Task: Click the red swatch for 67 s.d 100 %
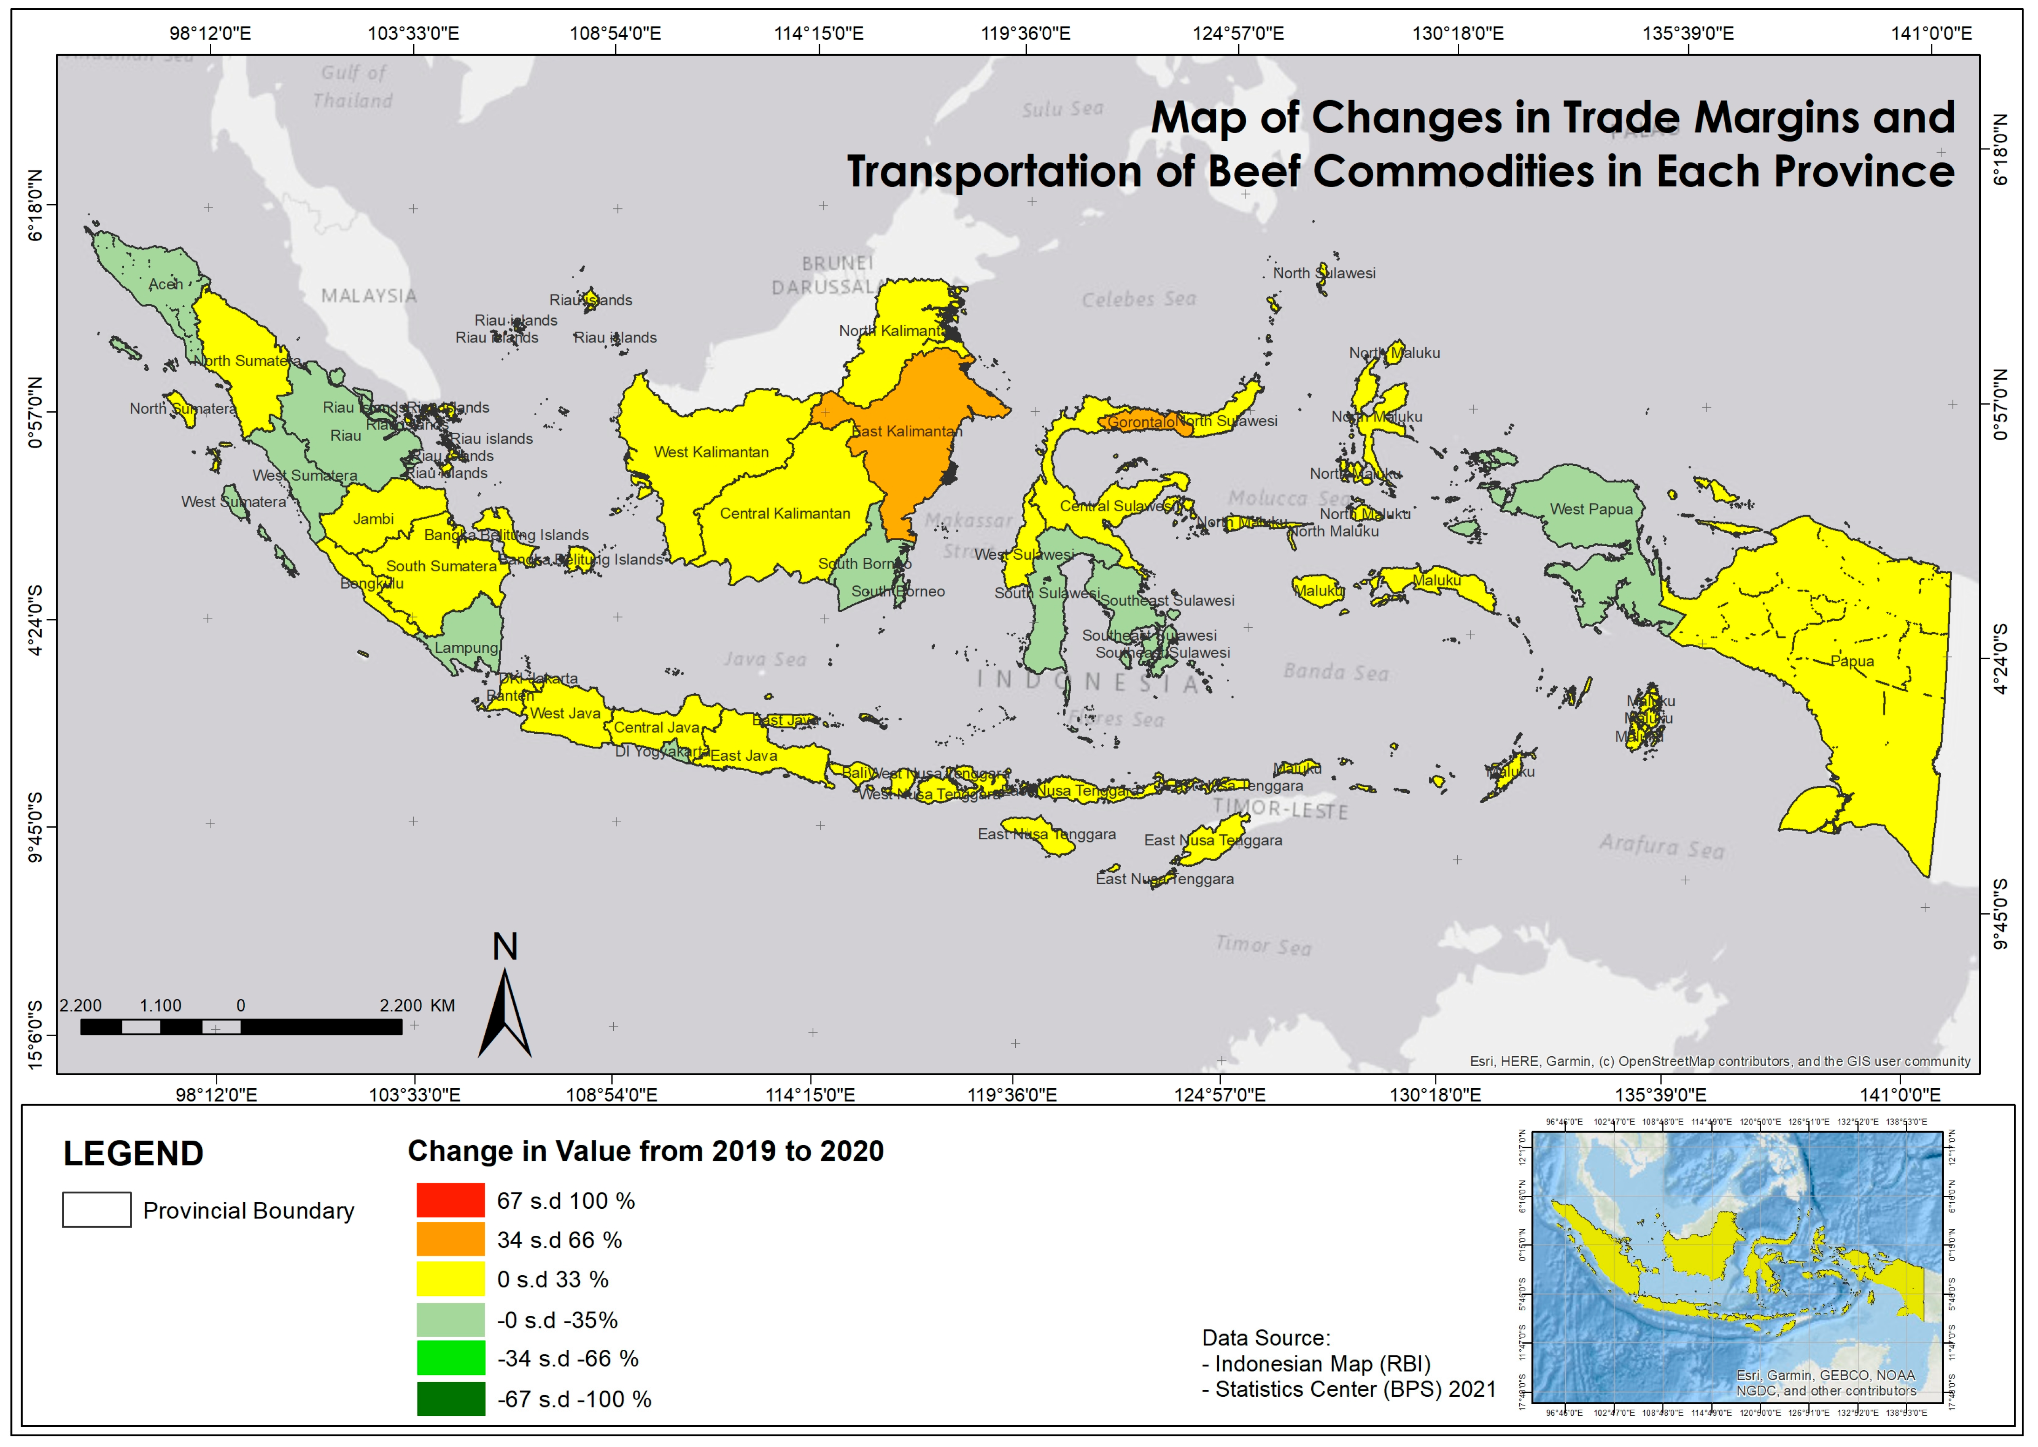click(x=450, y=1200)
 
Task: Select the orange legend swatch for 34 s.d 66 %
click(x=450, y=1239)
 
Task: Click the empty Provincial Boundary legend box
click(x=96, y=1210)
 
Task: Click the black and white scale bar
click(x=241, y=1026)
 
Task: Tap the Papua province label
click(x=1852, y=661)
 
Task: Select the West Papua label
click(x=1591, y=509)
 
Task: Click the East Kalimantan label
click(x=906, y=431)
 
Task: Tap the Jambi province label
click(x=373, y=519)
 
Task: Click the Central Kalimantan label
click(x=784, y=513)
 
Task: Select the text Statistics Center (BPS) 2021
click(x=1354, y=1389)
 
